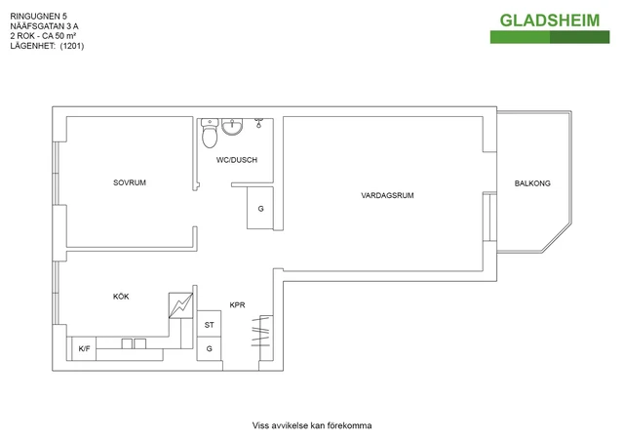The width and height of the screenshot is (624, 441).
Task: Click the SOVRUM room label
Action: pyautogui.click(x=130, y=182)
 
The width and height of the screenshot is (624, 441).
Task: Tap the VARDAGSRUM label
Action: pyautogui.click(x=387, y=195)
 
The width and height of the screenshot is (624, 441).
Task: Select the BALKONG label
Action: pyautogui.click(x=532, y=183)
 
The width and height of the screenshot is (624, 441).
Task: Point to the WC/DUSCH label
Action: pyautogui.click(x=237, y=160)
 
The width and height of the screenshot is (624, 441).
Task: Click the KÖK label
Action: pyautogui.click(x=121, y=297)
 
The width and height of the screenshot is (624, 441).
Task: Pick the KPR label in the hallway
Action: pyautogui.click(x=237, y=305)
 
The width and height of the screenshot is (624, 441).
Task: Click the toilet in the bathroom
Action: pyautogui.click(x=210, y=133)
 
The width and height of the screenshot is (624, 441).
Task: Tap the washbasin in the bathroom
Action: pyautogui.click(x=232, y=126)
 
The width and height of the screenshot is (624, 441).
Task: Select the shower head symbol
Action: pyautogui.click(x=258, y=123)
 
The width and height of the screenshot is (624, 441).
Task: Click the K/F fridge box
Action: pyautogui.click(x=84, y=349)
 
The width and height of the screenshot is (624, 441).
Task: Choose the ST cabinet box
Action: pyautogui.click(x=210, y=324)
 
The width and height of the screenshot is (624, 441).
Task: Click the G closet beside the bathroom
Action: pyautogui.click(x=260, y=208)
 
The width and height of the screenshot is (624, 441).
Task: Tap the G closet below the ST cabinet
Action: pyautogui.click(x=210, y=349)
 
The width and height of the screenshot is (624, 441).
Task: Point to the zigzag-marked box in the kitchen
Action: pyautogui.click(x=180, y=306)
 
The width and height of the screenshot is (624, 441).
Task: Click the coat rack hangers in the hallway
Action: pyautogui.click(x=261, y=333)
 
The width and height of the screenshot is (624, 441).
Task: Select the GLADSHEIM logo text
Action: pyautogui.click(x=550, y=20)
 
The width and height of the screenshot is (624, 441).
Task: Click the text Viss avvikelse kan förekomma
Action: pyautogui.click(x=312, y=425)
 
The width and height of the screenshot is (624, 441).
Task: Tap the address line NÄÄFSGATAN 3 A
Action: pyautogui.click(x=44, y=26)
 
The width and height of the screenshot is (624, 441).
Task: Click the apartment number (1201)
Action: pyautogui.click(x=72, y=46)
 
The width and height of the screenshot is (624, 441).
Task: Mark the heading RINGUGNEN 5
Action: pyautogui.click(x=39, y=17)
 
